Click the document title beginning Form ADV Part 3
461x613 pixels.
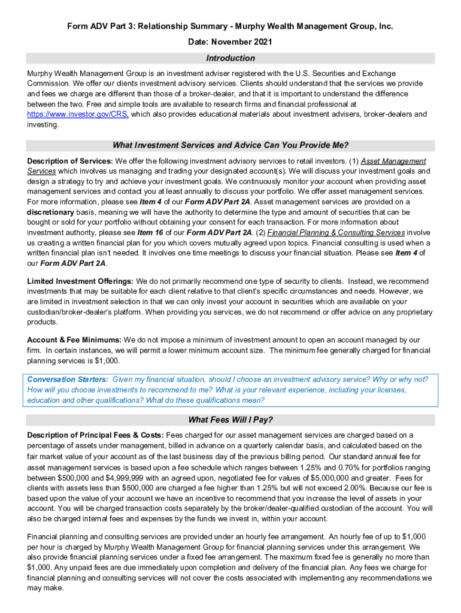230,27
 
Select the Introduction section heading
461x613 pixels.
230,58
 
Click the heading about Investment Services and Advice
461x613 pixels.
230,145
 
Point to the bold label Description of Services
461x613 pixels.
70,161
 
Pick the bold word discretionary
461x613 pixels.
50,212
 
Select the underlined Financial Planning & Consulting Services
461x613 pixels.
336,232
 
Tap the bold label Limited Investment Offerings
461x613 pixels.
80,281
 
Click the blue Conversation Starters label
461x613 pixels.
68,380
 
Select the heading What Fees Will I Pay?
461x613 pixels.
230,419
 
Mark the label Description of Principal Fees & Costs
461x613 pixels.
95,435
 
